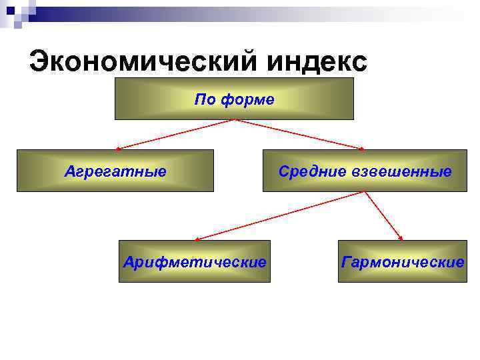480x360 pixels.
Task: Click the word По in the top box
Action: (203, 100)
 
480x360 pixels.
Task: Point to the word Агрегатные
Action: (115, 171)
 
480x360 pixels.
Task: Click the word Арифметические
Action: (195, 261)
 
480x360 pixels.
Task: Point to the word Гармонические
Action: (402, 261)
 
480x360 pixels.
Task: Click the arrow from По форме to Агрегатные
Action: (175, 134)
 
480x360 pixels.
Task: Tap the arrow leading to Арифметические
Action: (280, 215)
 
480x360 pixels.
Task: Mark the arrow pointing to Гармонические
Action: (383, 215)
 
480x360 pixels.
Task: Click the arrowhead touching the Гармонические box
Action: (401, 237)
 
